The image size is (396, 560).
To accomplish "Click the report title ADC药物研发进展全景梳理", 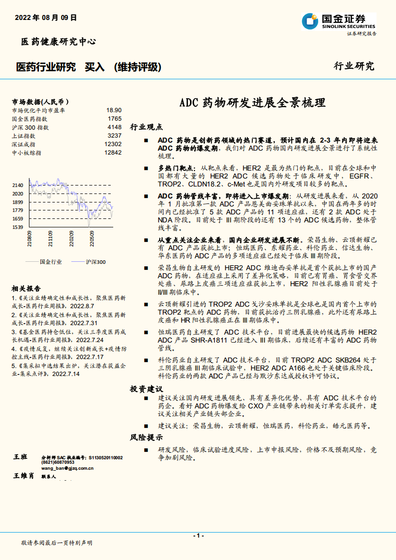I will coord(252,103).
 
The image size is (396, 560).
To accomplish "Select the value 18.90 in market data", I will coord(114,110).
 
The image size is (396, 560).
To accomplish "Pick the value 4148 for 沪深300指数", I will coord(114,127).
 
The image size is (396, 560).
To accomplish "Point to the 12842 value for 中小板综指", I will coord(113,153).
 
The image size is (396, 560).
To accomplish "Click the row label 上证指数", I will coord(23,136).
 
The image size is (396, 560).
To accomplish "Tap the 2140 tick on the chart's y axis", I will coord(18,185).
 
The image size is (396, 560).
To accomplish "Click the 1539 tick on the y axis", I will coord(18,227).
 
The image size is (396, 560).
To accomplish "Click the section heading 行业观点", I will coord(146,127).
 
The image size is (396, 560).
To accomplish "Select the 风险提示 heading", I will coord(146,438).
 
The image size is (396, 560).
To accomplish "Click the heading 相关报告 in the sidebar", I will coord(26,289).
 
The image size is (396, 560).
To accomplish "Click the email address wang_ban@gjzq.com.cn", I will coord(67,468).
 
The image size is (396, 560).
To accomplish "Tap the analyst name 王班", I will coord(21,457).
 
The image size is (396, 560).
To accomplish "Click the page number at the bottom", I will coord(198,535).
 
